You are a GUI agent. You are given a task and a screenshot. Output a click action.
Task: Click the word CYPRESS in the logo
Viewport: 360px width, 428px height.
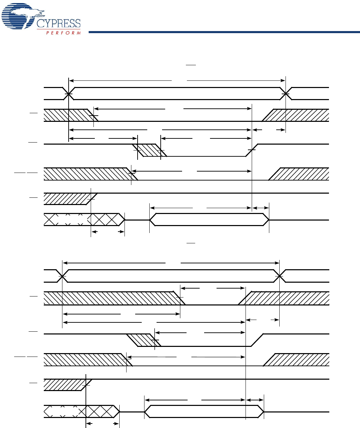point(59,23)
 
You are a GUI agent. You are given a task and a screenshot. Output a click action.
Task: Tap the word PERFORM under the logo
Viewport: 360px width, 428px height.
point(63,33)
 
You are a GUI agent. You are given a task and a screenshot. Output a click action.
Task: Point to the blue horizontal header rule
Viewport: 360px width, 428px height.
point(224,32)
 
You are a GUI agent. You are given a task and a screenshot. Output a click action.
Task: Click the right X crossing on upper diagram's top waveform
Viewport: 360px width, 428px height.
point(286,94)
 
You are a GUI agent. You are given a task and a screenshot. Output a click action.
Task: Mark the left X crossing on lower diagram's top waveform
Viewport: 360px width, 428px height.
point(62,276)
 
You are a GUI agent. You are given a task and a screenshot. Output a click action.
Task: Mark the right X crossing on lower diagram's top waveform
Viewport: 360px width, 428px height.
point(279,276)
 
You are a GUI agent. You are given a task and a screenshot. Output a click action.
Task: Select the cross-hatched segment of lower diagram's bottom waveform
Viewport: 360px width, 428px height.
point(100,411)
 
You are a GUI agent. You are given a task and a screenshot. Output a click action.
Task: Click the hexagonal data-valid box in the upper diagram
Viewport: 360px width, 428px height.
point(209,220)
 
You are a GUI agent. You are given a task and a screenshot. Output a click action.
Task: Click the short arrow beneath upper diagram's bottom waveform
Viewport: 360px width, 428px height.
point(108,232)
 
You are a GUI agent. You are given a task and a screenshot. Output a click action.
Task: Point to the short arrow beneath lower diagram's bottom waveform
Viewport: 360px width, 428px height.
point(102,424)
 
